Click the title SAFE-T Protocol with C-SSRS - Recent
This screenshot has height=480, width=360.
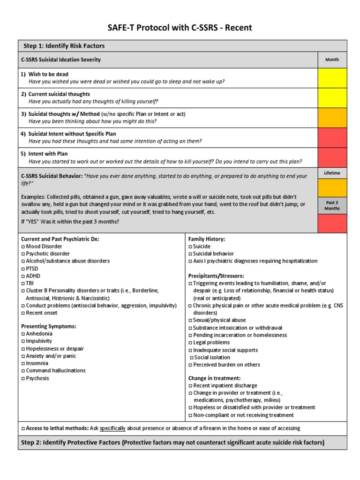pos(180,28)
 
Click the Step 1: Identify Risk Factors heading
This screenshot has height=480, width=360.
pos(64,46)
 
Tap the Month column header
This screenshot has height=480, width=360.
pos(332,60)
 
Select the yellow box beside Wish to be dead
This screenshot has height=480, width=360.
pos(332,78)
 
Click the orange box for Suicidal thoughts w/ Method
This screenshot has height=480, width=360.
pos(332,117)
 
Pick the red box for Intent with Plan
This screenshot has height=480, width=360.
pos(332,157)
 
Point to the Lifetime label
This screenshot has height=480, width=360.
pos(332,173)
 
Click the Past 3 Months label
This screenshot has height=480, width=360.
pos(332,205)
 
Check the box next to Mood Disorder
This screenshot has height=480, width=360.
pos(23,247)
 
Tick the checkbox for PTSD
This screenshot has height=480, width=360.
pos(23,269)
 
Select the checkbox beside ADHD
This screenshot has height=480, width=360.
pos(23,276)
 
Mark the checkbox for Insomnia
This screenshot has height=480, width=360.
pos(23,363)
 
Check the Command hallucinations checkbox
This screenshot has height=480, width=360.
pos(23,371)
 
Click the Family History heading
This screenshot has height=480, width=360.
pos(206,239)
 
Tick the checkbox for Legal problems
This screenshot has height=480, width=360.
pos(190,343)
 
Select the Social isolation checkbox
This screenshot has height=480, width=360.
pos(191,357)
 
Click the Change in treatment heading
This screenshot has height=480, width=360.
pos(214,378)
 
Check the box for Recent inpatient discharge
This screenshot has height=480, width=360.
pos(190,385)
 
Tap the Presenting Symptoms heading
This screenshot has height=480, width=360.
pos(49,326)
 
